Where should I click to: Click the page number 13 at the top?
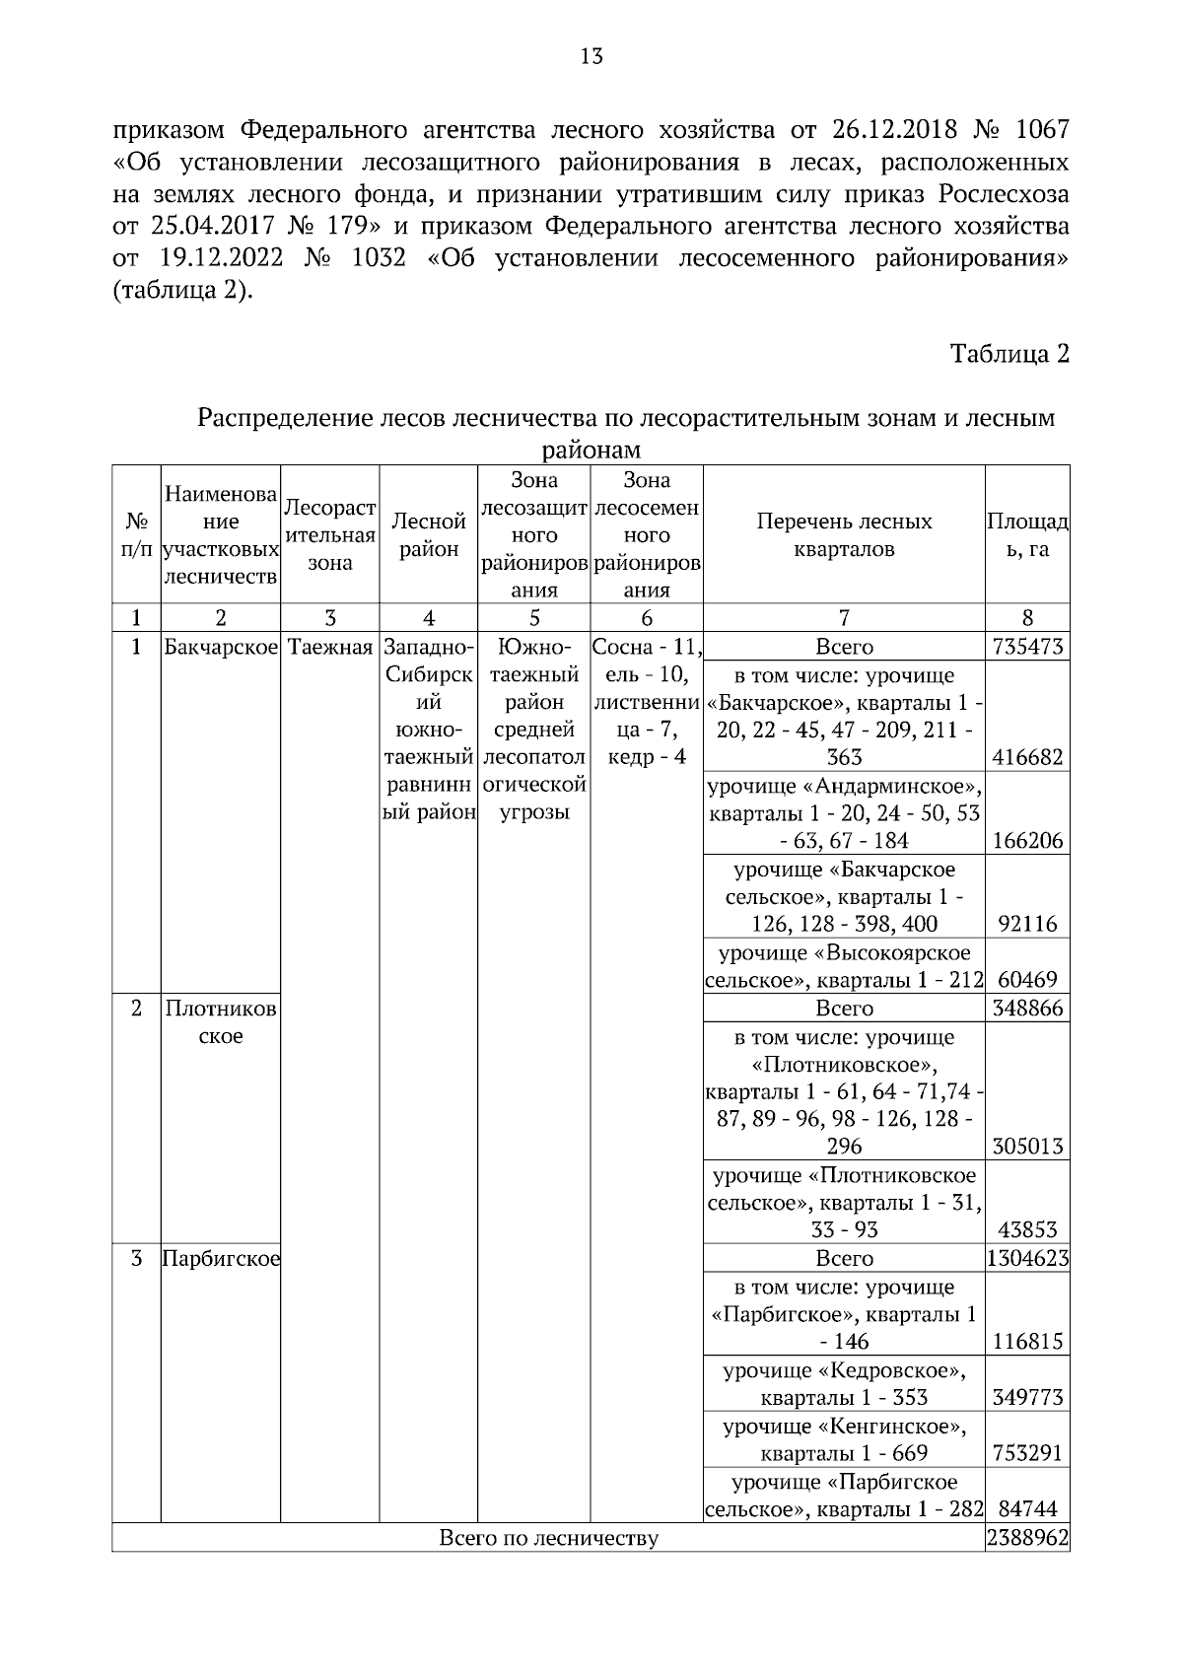click(x=591, y=56)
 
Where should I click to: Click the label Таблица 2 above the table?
click(x=1009, y=354)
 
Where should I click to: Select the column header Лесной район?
click(x=429, y=534)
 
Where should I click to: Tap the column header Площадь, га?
click(x=1027, y=534)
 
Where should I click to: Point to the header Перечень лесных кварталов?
click(x=844, y=534)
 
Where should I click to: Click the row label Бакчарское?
click(x=221, y=647)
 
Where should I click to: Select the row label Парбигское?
click(x=221, y=1259)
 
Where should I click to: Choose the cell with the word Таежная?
click(x=330, y=647)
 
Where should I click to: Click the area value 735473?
click(x=1027, y=647)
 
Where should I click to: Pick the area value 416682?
click(x=1027, y=757)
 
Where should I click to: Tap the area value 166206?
click(x=1027, y=841)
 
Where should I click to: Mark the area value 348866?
click(x=1027, y=1009)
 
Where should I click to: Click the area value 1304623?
click(x=1027, y=1259)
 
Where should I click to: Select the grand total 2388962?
click(x=1027, y=1538)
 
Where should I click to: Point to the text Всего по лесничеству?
click(x=548, y=1538)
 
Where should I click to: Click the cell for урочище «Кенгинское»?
click(x=844, y=1439)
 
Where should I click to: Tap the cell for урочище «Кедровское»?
click(x=844, y=1383)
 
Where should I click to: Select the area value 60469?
click(x=1027, y=980)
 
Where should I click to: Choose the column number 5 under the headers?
click(x=533, y=618)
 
